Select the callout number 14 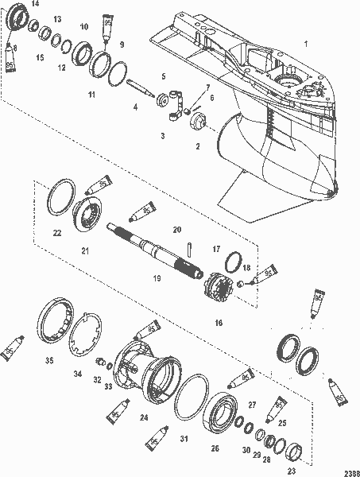35,6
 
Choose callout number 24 143,415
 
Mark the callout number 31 184,439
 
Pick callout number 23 292,471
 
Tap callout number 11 91,95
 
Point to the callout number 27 252,405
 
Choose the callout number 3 162,136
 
